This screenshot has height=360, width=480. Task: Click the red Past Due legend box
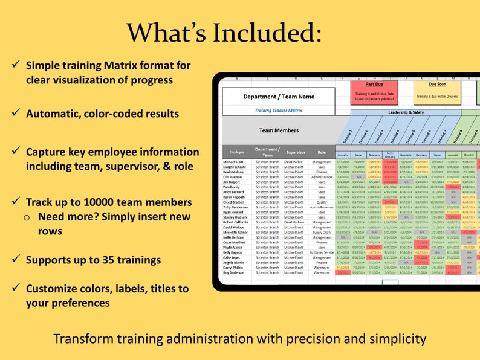pyautogui.click(x=374, y=93)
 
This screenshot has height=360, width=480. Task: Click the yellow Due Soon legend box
pyautogui.click(x=437, y=93)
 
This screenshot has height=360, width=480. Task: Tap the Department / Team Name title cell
pyautogui.click(x=278, y=97)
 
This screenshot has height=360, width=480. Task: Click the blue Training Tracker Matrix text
pyautogui.click(x=278, y=111)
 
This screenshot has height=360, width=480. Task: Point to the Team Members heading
pyautogui.click(x=278, y=130)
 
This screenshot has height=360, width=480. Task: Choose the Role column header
pyautogui.click(x=322, y=152)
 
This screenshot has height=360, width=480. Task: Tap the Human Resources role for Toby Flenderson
pyautogui.click(x=322, y=207)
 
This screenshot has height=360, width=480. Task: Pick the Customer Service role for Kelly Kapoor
pyautogui.click(x=322, y=252)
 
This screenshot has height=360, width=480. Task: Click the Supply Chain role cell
pyautogui.click(x=322, y=232)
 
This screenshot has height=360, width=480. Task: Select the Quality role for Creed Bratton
pyautogui.click(x=322, y=202)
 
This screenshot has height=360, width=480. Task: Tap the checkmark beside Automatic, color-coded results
pyautogui.click(x=13, y=114)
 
